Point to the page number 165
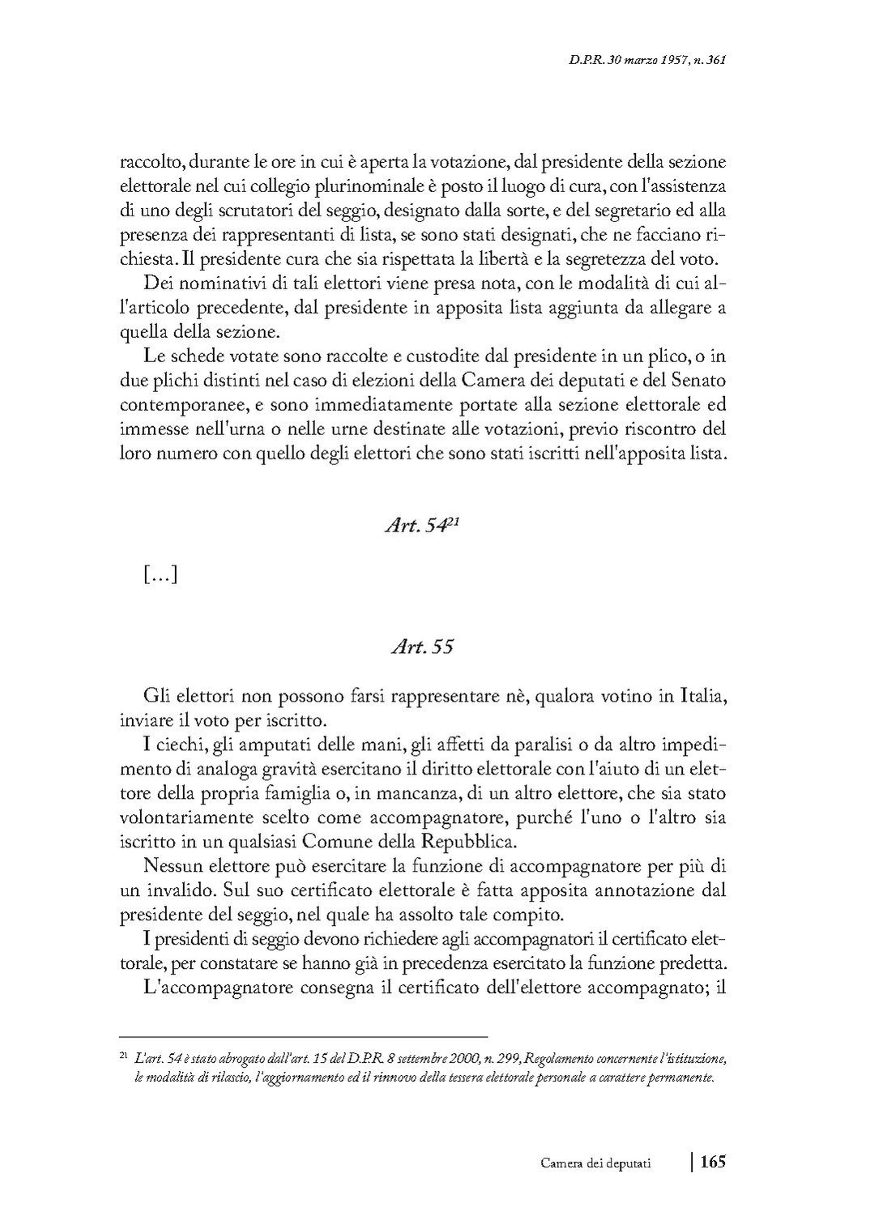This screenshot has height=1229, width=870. click(712, 1162)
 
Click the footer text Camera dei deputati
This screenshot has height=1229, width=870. click(599, 1163)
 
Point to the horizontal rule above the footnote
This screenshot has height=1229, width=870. click(303, 1035)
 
